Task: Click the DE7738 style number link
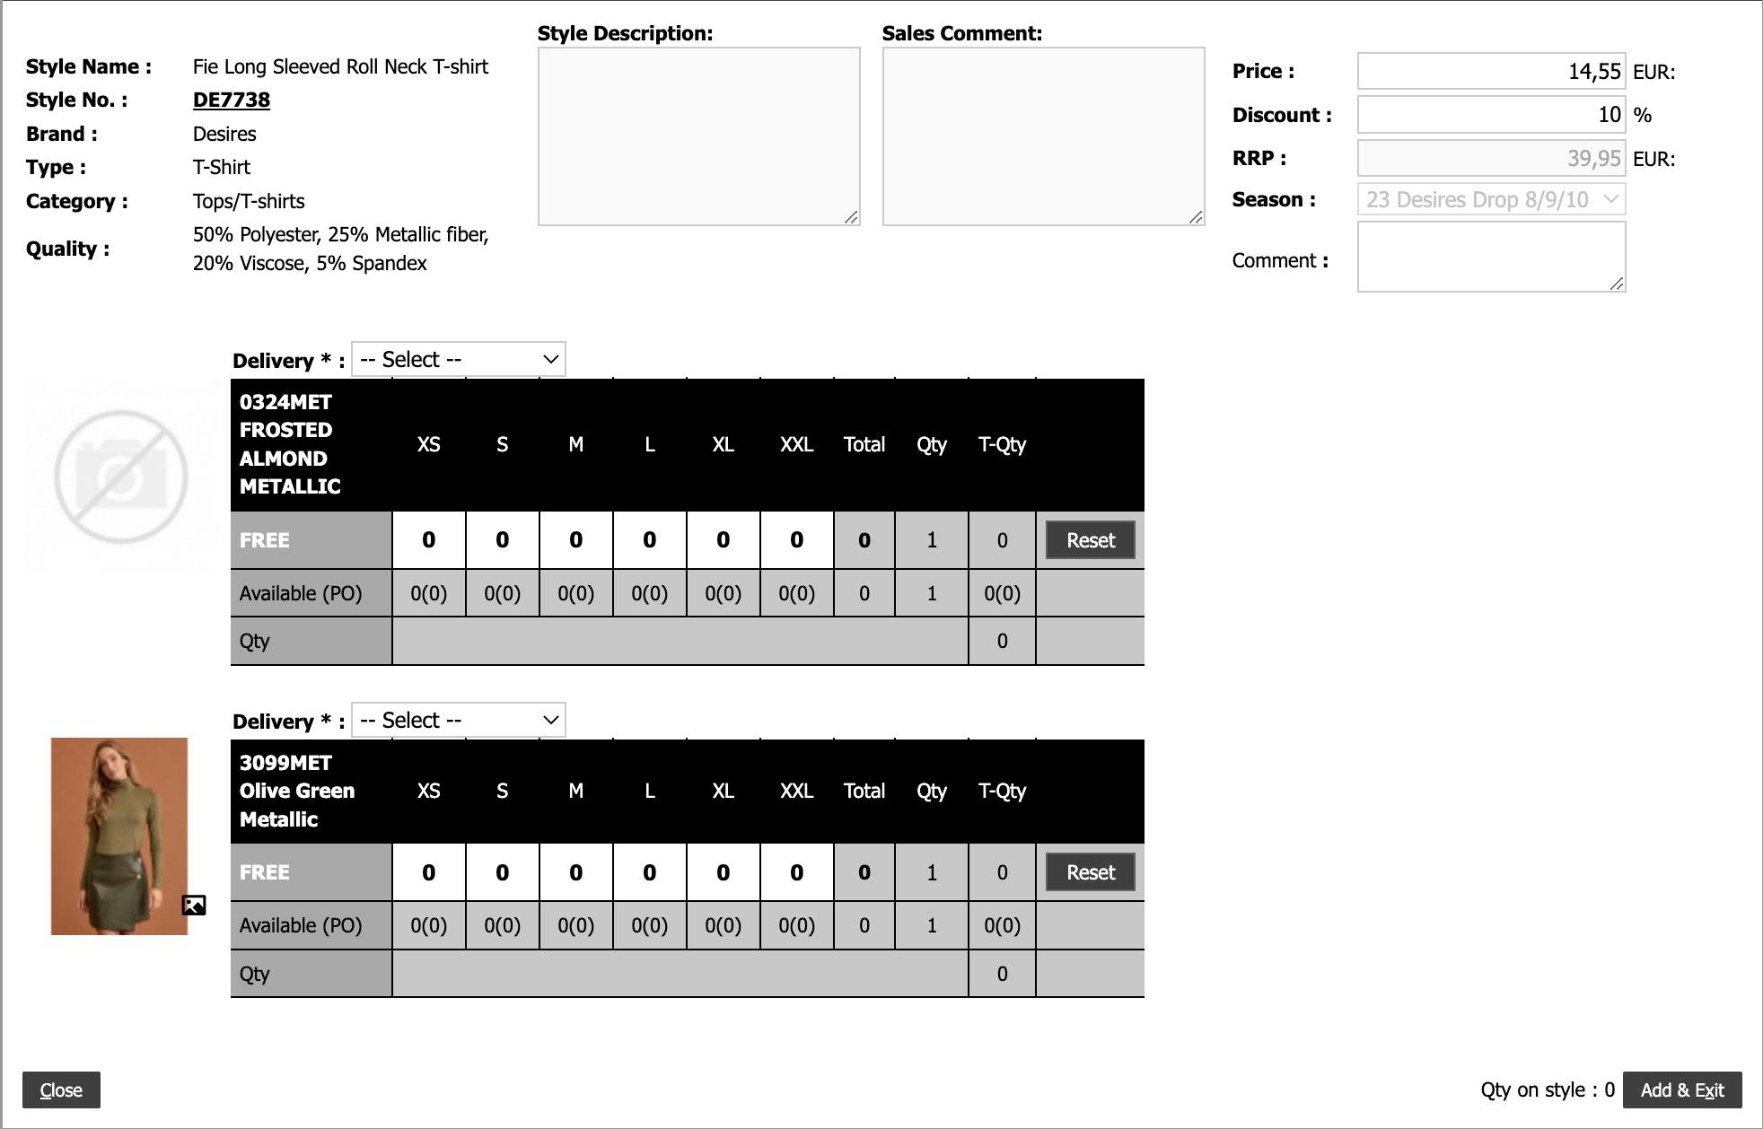pyautogui.click(x=232, y=100)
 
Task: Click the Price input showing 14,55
pyautogui.click(x=1490, y=71)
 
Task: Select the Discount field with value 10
pyautogui.click(x=1490, y=115)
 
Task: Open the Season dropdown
pyautogui.click(x=1490, y=199)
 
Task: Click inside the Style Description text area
pyautogui.click(x=698, y=136)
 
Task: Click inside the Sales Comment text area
pyautogui.click(x=1043, y=136)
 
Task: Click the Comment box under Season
pyautogui.click(x=1490, y=257)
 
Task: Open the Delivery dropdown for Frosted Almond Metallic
pyautogui.click(x=458, y=360)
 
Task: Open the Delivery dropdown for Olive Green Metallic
pyautogui.click(x=458, y=721)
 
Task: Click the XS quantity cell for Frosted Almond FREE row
pyautogui.click(x=429, y=540)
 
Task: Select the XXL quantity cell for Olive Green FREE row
pyautogui.click(x=796, y=872)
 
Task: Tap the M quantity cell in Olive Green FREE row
pyautogui.click(x=575, y=872)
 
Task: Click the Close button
pyautogui.click(x=61, y=1090)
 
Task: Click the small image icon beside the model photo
pyautogui.click(x=194, y=905)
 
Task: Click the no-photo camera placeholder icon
pyautogui.click(x=121, y=477)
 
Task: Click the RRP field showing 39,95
pyautogui.click(x=1490, y=158)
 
